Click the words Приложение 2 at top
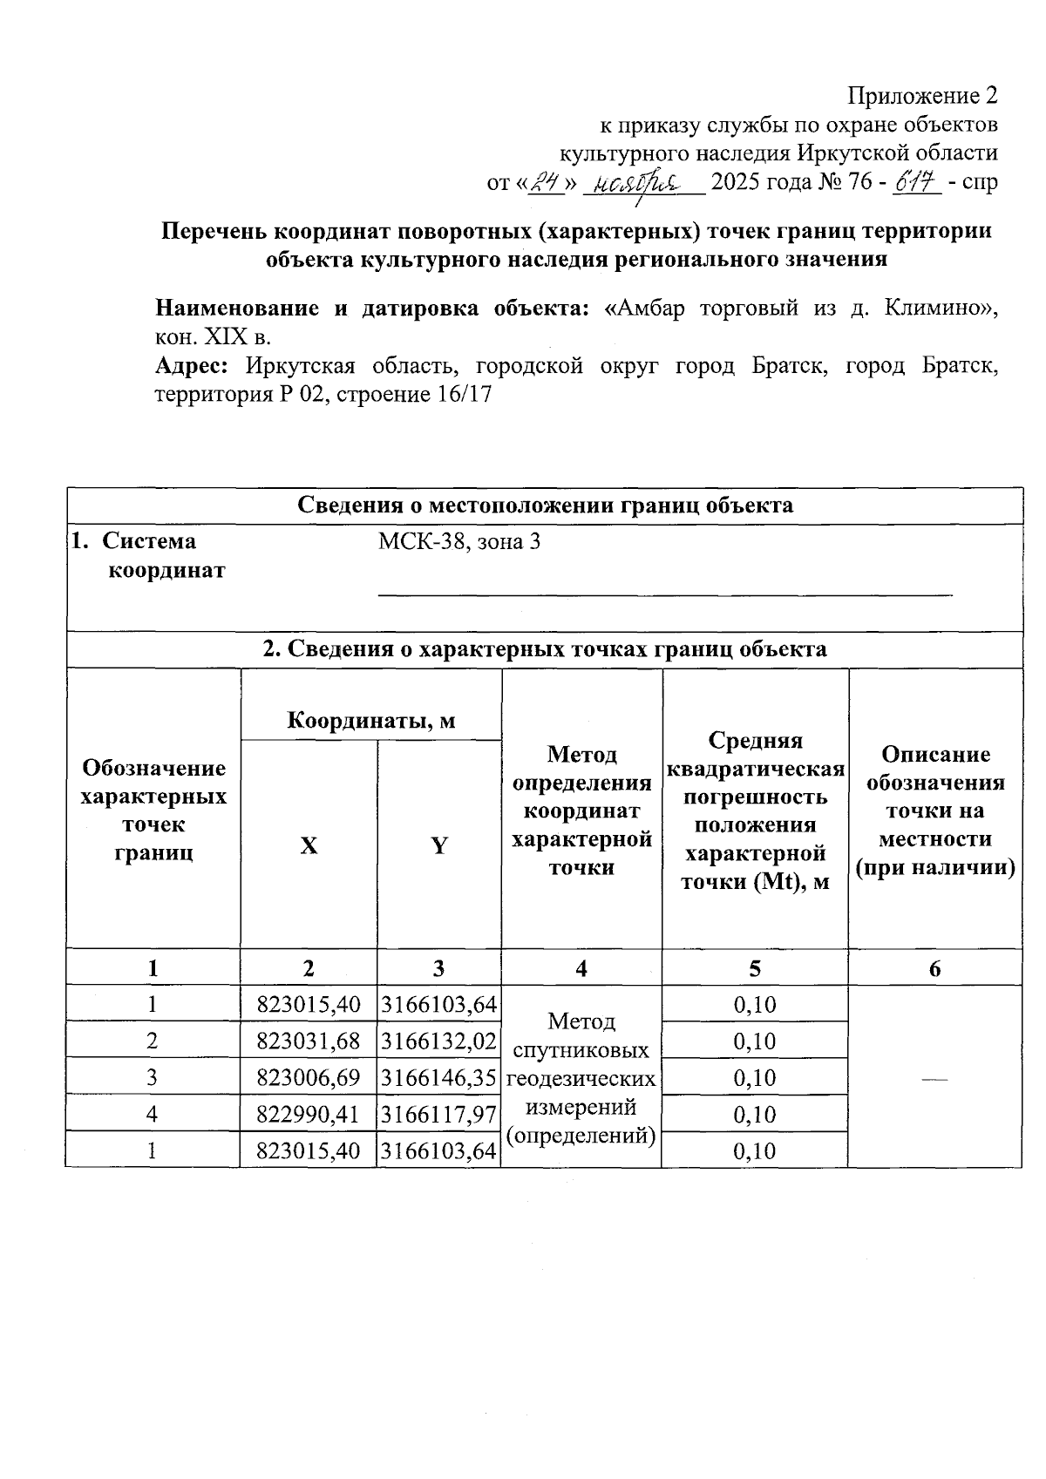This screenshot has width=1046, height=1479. (x=923, y=95)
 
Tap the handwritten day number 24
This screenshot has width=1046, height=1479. (x=547, y=181)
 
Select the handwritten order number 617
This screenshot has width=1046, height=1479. (x=915, y=181)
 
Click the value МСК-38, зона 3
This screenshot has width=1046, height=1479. (x=458, y=542)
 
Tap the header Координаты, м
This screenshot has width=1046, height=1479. (x=371, y=720)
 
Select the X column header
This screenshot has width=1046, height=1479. (x=309, y=845)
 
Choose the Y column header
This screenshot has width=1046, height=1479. (x=439, y=845)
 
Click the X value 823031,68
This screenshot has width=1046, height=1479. (x=309, y=1041)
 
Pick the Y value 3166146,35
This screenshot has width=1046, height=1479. (x=439, y=1078)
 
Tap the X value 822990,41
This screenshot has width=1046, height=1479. (x=309, y=1115)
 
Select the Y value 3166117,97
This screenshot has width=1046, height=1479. (x=439, y=1115)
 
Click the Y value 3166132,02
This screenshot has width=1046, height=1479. (x=439, y=1041)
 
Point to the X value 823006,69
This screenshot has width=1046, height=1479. (x=309, y=1078)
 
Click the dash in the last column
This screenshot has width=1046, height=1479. (x=934, y=1079)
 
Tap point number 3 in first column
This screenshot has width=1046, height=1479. (x=153, y=1078)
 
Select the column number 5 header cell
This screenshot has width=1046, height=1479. (x=755, y=968)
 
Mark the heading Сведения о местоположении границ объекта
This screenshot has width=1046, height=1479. (x=546, y=505)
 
